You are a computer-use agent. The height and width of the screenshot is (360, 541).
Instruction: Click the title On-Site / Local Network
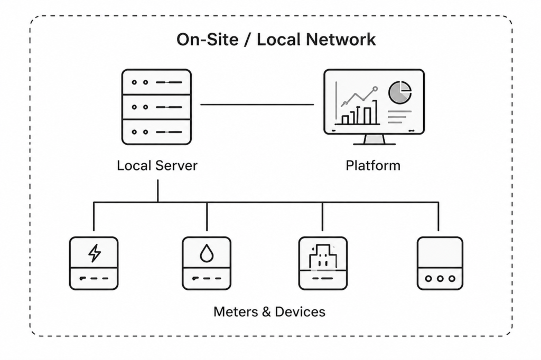(x=276, y=40)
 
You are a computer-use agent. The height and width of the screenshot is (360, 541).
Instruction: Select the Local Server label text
(x=157, y=165)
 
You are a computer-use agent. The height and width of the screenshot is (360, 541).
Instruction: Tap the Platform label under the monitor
(x=373, y=165)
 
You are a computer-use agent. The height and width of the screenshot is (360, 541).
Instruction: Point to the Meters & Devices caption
(x=269, y=311)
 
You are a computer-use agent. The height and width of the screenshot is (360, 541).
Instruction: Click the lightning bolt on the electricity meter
(x=94, y=253)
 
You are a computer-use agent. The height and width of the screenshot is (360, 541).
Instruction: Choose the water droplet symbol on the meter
(x=206, y=253)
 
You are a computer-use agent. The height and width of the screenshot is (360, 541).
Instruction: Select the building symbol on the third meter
(x=322, y=255)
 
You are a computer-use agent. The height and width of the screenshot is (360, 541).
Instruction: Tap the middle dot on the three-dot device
(x=440, y=278)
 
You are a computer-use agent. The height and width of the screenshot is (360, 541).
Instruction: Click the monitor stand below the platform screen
(x=374, y=139)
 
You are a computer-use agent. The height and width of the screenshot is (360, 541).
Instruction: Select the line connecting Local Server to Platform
(x=257, y=105)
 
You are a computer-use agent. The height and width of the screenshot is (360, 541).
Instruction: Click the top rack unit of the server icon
(x=157, y=82)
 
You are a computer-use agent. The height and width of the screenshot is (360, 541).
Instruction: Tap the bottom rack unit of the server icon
(x=157, y=131)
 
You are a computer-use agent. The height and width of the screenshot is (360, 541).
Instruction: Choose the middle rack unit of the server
(x=157, y=107)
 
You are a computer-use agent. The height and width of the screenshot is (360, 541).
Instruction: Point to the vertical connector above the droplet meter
(x=207, y=216)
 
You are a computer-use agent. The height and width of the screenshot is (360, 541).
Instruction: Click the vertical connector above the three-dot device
(x=439, y=216)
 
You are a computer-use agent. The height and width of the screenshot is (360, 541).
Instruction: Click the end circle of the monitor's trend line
(x=375, y=89)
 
